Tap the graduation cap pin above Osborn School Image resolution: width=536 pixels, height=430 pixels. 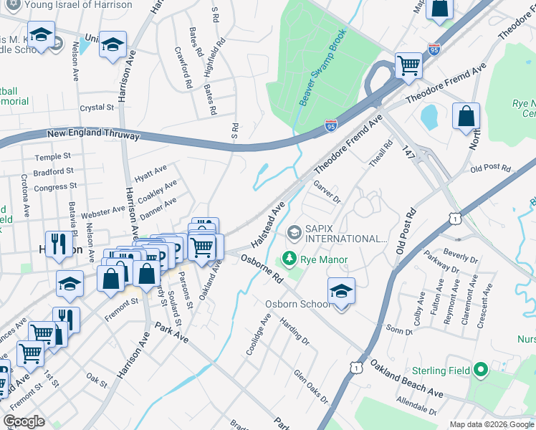point(341,290)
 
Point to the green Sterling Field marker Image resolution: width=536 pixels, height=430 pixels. point(480,371)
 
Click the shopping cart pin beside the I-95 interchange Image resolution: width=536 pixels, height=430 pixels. point(408,65)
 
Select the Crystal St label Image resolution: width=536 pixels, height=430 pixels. point(97,107)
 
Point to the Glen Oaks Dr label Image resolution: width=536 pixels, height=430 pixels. point(310,386)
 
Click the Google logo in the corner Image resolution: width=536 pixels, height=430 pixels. point(24,421)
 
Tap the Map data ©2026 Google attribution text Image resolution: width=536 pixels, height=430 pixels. point(491,424)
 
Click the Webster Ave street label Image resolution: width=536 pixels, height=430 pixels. point(103,211)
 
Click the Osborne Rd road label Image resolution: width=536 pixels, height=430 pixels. point(264,270)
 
